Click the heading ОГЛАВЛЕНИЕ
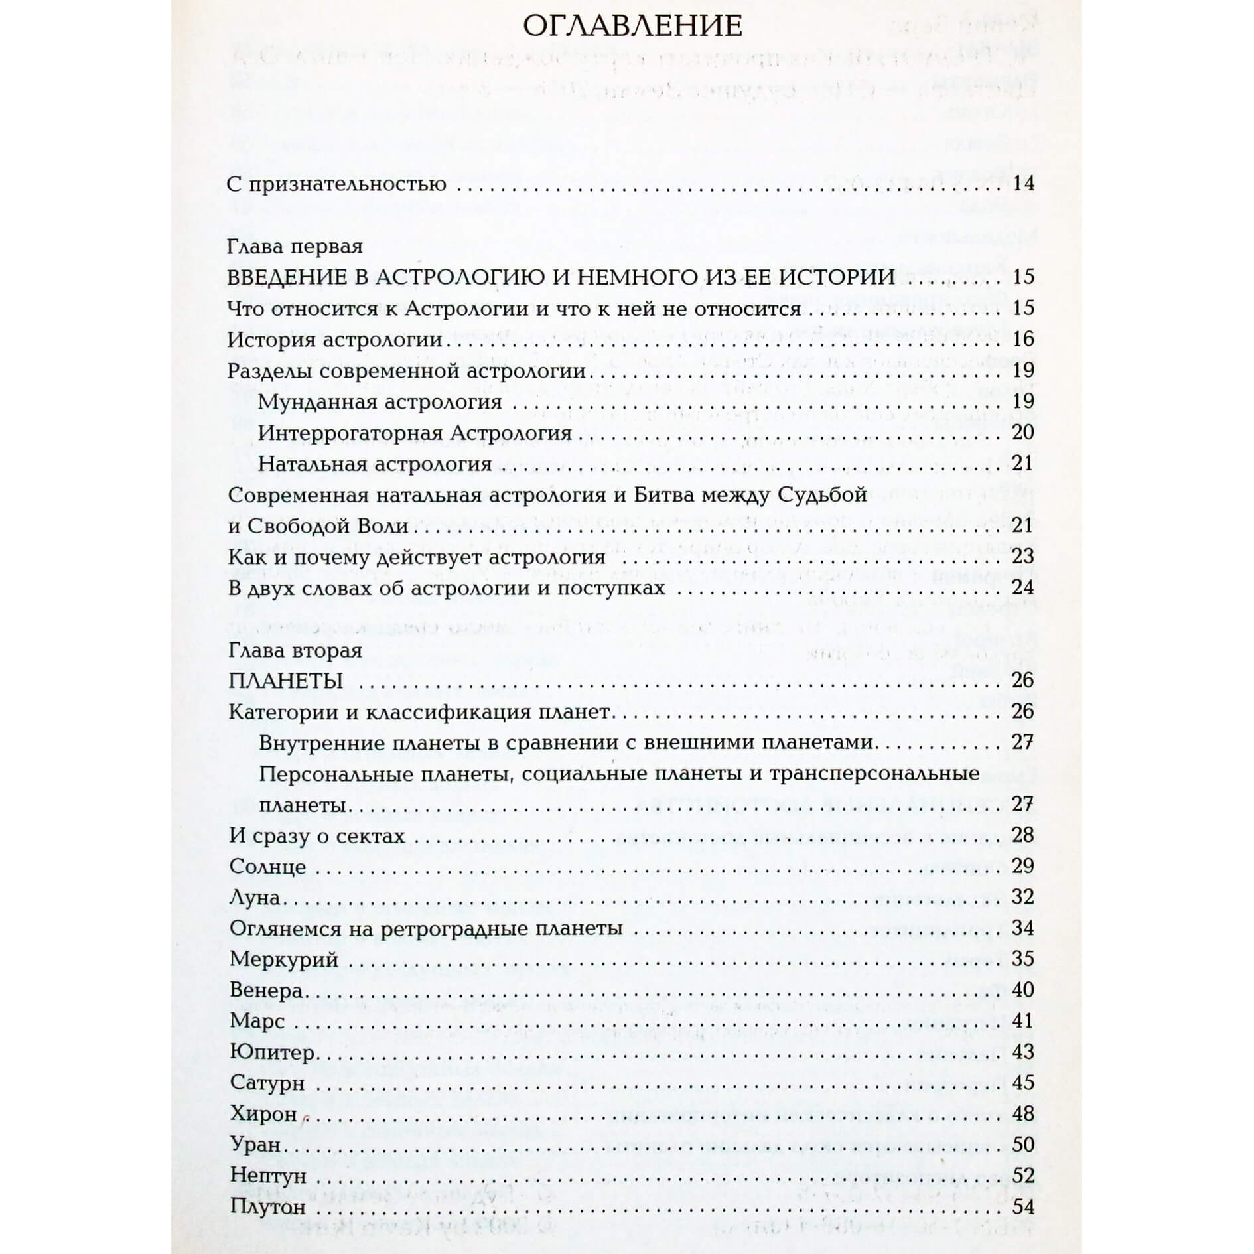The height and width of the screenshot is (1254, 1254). (632, 27)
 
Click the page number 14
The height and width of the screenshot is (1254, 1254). (1024, 184)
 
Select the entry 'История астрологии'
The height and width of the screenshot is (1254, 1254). (334, 340)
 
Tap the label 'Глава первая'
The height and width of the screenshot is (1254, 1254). (295, 246)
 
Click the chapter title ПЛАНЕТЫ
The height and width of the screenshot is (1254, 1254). (285, 681)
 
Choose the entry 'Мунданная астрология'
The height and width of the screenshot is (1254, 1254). (380, 402)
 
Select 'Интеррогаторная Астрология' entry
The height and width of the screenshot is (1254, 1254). (415, 433)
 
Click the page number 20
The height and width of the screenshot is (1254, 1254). (1023, 433)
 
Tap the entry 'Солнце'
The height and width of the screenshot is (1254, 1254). (267, 867)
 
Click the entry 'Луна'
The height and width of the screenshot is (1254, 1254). (254, 898)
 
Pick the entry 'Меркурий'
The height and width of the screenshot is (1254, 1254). (284, 959)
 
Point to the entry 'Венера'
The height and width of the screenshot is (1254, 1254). (266, 991)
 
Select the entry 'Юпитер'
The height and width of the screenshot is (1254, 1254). (272, 1052)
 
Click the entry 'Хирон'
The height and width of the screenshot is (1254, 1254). (263, 1114)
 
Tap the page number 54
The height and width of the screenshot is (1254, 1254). (1023, 1207)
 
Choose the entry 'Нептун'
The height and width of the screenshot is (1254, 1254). (268, 1176)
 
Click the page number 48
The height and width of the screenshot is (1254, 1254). (1023, 1114)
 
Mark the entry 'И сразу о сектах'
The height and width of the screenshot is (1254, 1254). (316, 836)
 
